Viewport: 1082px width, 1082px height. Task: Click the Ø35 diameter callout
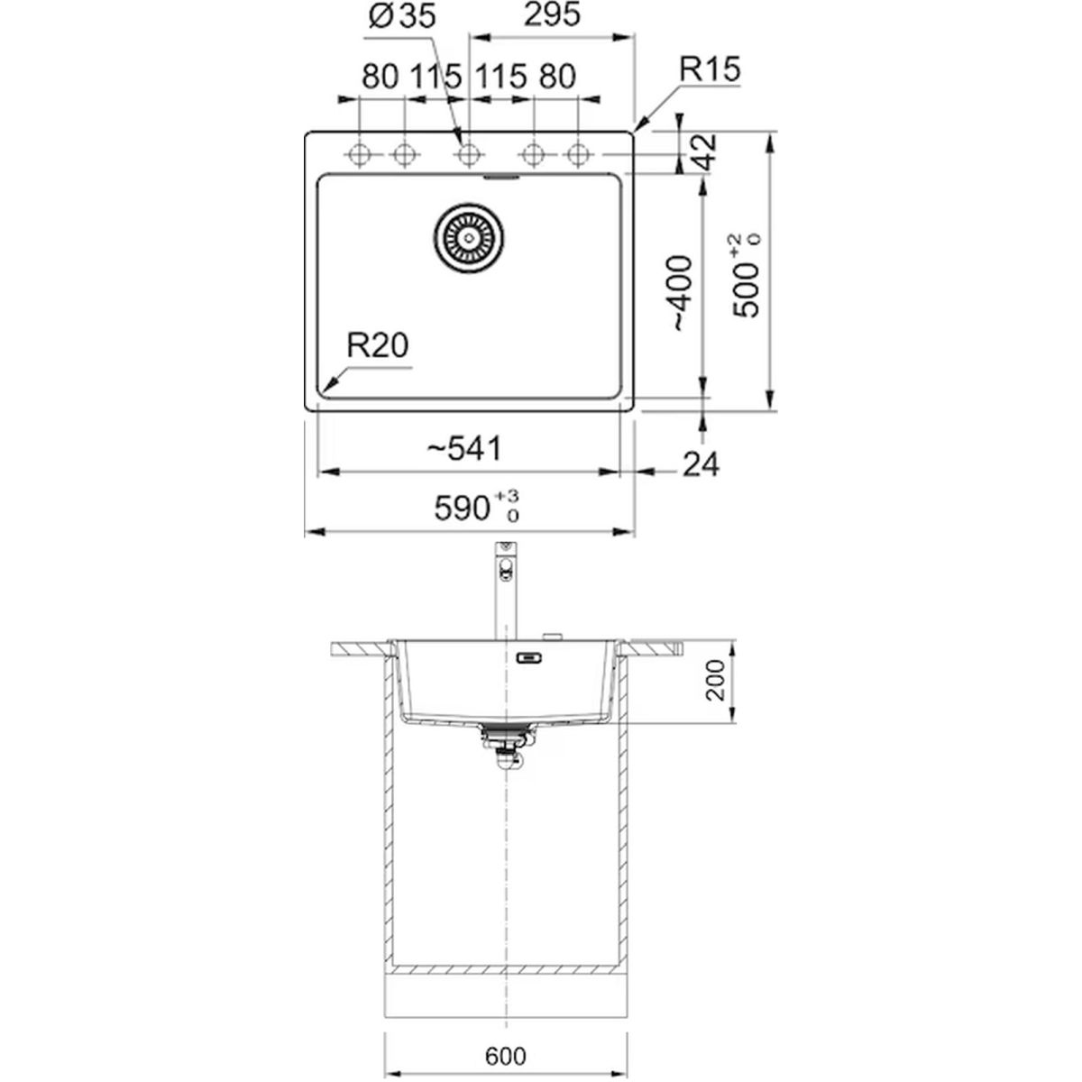(402, 17)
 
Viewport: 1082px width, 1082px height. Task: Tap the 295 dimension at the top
(552, 15)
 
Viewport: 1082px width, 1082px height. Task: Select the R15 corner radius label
(710, 69)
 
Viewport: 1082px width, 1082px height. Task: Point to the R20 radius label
(377, 345)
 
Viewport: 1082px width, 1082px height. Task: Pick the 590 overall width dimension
(476, 507)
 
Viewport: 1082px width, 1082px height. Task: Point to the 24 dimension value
(701, 465)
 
